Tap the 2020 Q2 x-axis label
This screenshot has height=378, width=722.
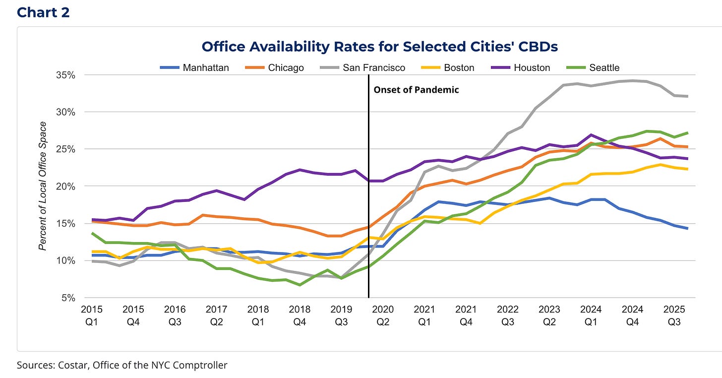coord(383,315)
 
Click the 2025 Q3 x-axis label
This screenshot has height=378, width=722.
coord(675,315)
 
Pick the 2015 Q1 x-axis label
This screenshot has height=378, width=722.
coord(91,315)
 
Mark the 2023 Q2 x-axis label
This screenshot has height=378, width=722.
coord(549,315)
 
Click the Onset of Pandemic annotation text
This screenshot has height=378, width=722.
coord(416,90)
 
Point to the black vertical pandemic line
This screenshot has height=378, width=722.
coord(368,198)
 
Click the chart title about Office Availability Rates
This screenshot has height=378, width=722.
coord(379,47)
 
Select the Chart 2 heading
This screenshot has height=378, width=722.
coord(43,12)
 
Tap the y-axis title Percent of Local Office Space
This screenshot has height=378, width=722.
coord(43,186)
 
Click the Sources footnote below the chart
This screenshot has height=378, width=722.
coord(122,365)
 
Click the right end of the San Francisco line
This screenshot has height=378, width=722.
coord(687,96)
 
